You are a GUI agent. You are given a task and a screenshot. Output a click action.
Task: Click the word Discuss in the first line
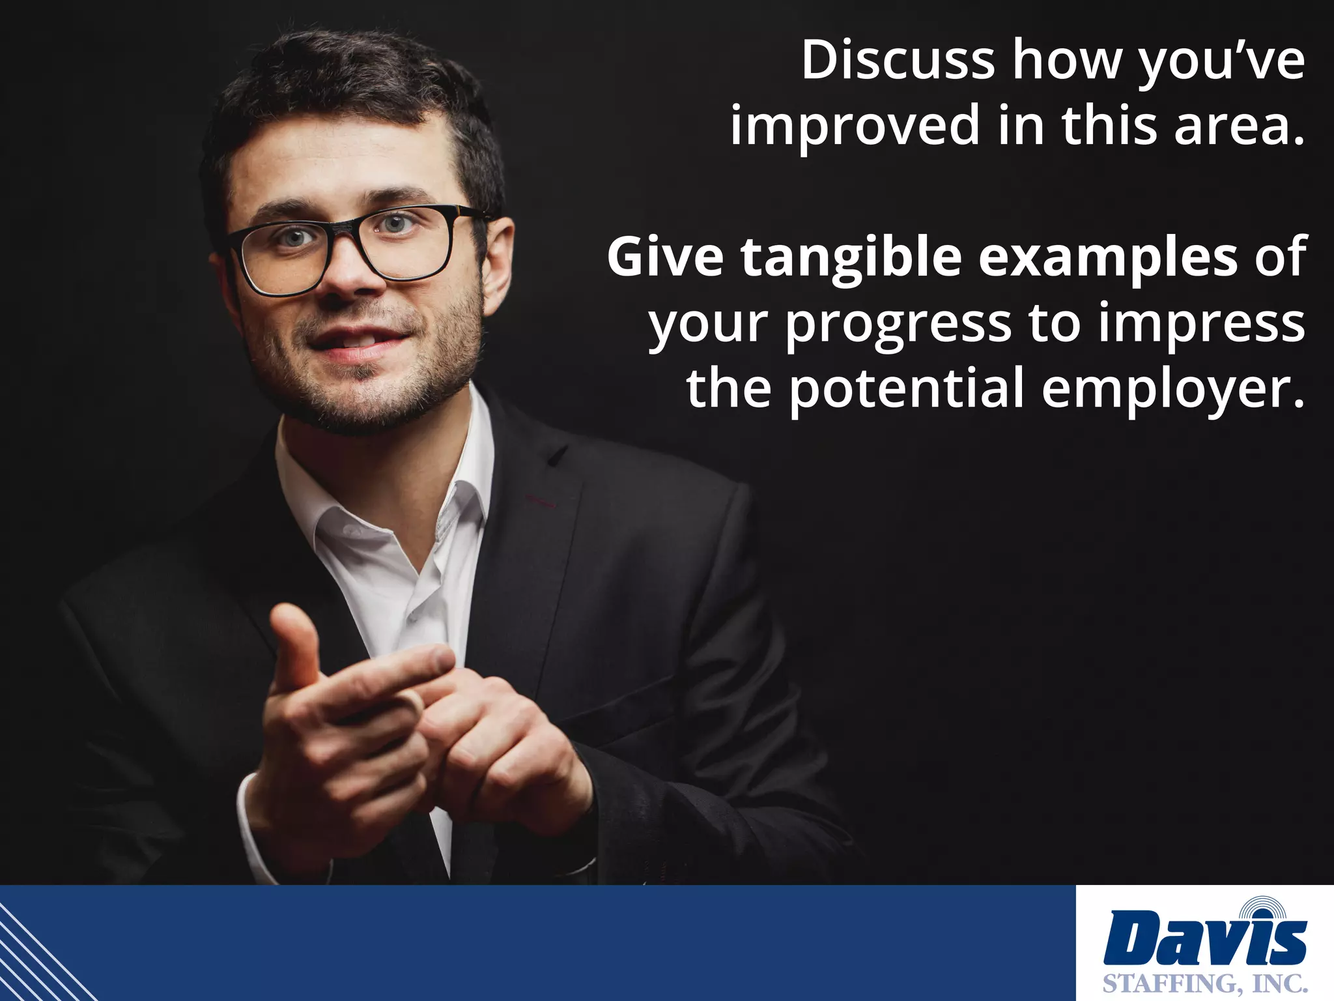point(898,61)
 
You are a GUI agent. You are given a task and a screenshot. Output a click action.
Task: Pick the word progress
point(899,324)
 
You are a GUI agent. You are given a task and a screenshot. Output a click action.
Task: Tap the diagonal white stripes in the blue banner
point(39,951)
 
